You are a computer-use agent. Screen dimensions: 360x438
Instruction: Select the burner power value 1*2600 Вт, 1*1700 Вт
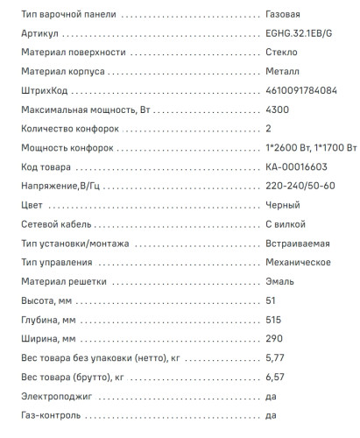pyautogui.click(x=309, y=147)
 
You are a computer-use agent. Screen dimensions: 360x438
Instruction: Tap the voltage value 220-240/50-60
pyautogui.click(x=299, y=186)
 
